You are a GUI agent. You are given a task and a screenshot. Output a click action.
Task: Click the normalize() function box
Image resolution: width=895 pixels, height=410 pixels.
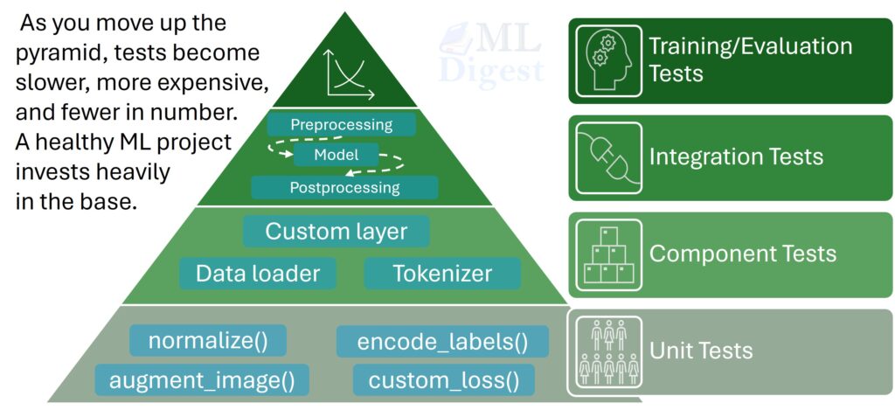(207, 341)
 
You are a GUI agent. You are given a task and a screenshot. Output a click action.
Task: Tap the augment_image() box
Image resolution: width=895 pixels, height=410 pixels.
(202, 380)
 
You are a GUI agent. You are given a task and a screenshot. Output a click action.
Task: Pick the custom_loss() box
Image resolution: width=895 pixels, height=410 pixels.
(438, 380)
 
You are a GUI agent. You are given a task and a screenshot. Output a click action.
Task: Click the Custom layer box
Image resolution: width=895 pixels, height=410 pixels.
(336, 232)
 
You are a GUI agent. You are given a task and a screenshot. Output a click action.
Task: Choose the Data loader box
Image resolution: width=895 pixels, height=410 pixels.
(257, 274)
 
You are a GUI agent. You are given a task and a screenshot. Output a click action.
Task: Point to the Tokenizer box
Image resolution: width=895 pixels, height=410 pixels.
(442, 274)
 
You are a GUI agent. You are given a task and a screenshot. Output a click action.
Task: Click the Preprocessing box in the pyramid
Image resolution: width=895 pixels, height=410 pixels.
(341, 124)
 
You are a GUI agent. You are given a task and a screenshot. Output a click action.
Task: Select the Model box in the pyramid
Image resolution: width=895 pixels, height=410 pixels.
(336, 155)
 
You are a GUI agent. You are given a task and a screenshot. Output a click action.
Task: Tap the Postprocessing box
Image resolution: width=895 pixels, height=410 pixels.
(344, 187)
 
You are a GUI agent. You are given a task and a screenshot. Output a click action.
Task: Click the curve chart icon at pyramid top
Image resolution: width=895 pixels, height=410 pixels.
(348, 72)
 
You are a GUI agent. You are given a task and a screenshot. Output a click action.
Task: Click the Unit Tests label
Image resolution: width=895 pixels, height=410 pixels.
(700, 351)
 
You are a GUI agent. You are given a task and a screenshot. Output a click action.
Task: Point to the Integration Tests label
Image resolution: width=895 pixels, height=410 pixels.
(735, 157)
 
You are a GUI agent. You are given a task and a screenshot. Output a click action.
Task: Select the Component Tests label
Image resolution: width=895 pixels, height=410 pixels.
(742, 254)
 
